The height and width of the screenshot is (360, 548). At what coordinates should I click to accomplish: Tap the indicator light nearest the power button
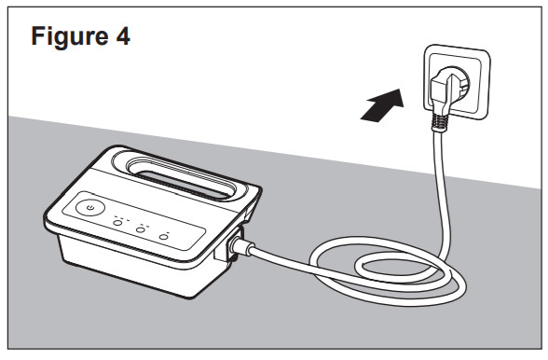click(x=117, y=227)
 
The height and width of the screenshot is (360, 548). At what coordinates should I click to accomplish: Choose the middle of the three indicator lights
click(x=141, y=232)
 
